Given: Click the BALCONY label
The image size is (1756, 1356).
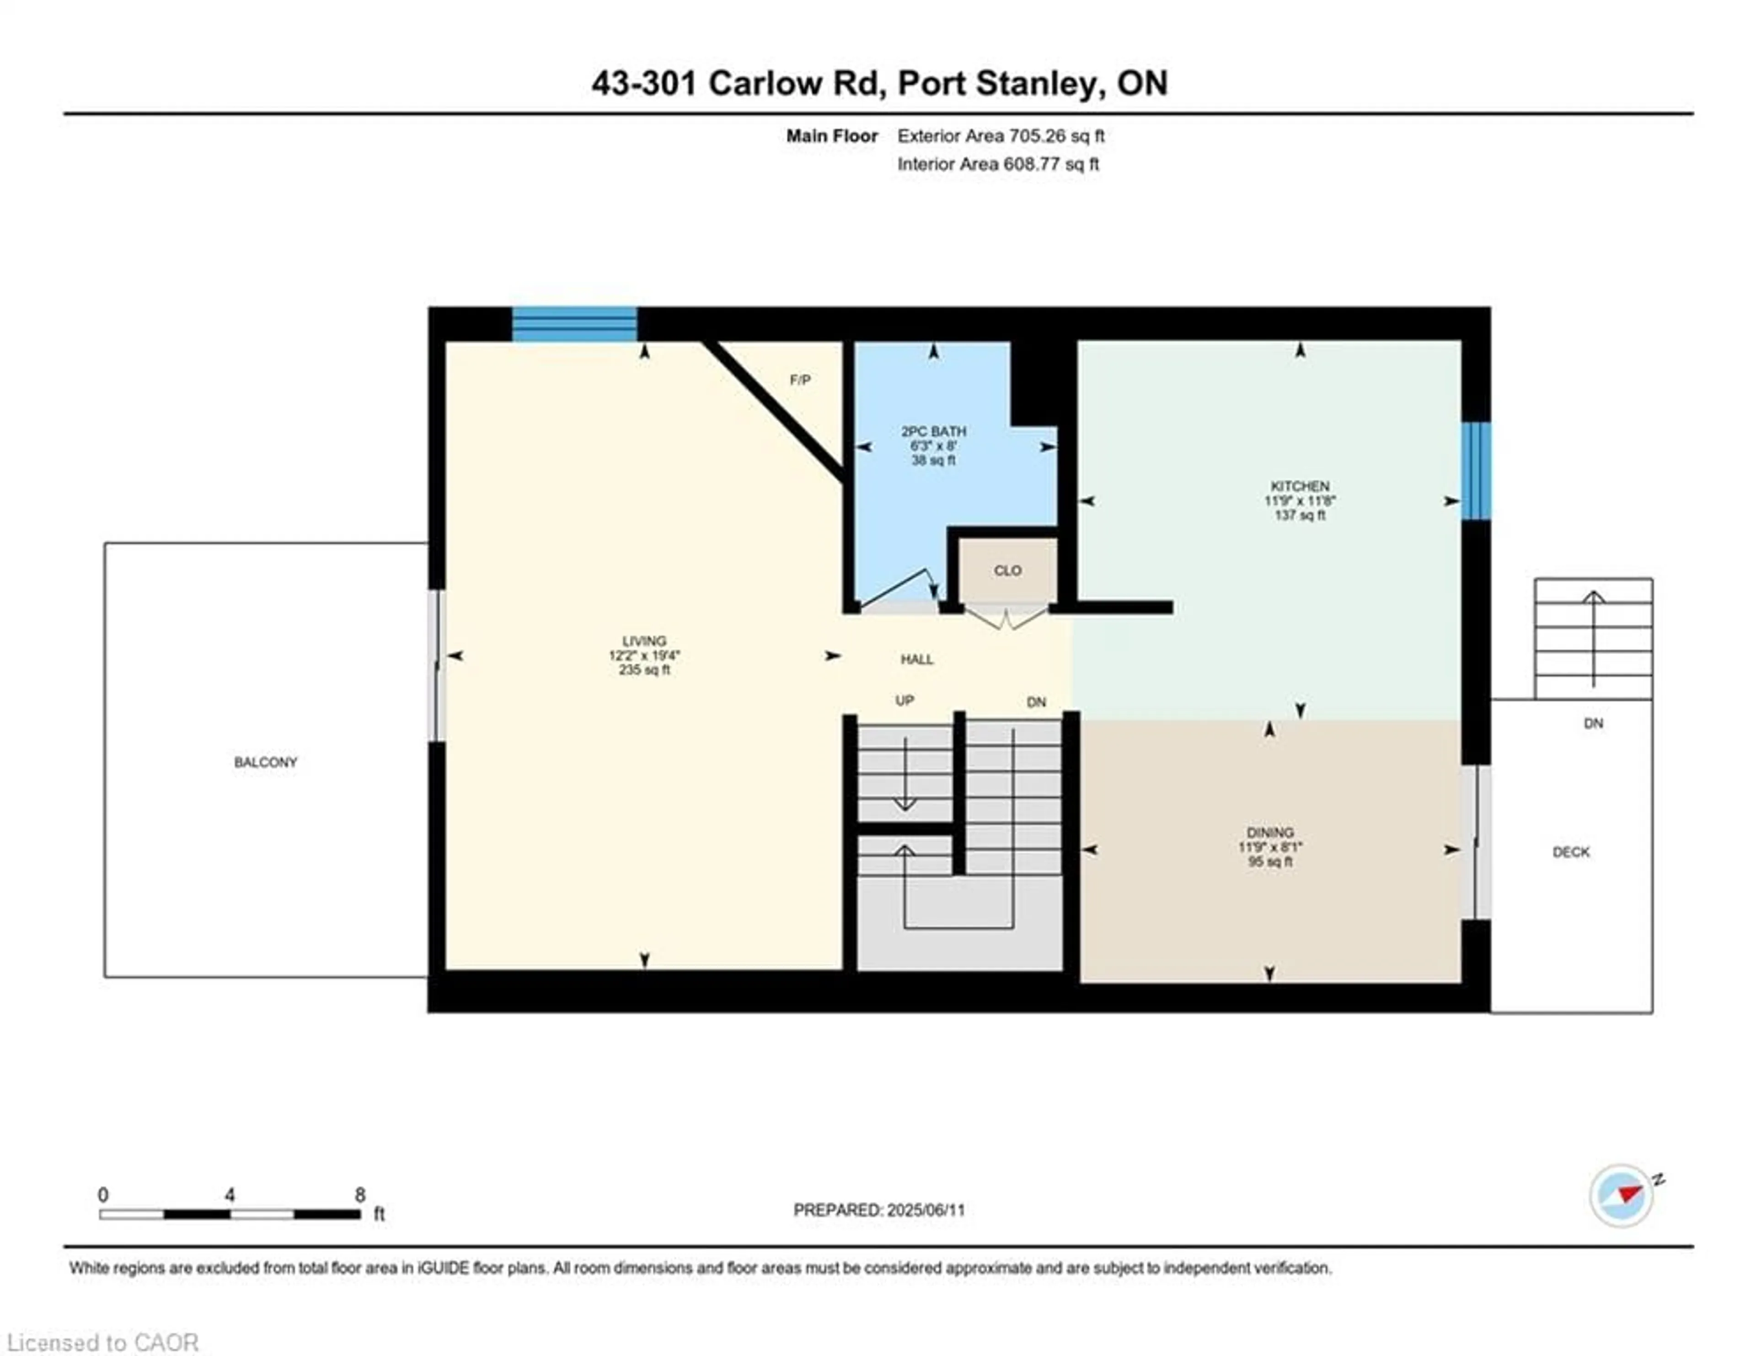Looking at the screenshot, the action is [x=265, y=762].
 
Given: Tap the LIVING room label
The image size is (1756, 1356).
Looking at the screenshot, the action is [x=644, y=641].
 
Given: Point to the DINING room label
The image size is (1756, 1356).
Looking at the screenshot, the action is [x=1270, y=833].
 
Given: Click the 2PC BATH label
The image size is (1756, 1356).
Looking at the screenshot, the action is [x=933, y=431].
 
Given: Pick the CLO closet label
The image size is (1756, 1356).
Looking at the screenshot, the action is [x=1007, y=570].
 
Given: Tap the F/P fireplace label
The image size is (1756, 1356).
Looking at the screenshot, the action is [x=800, y=380].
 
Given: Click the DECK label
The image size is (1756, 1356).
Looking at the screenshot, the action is [x=1571, y=852].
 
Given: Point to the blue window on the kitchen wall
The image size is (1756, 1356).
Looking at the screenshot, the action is [x=1476, y=471].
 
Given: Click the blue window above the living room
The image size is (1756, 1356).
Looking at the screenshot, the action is [x=575, y=324].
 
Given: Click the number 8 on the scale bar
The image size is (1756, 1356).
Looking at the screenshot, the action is [x=360, y=1195].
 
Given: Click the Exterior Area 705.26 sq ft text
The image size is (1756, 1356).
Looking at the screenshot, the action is [x=1001, y=136].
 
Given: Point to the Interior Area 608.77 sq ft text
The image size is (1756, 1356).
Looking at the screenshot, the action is [x=998, y=164].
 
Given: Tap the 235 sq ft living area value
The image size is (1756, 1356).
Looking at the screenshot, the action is [x=644, y=670].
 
